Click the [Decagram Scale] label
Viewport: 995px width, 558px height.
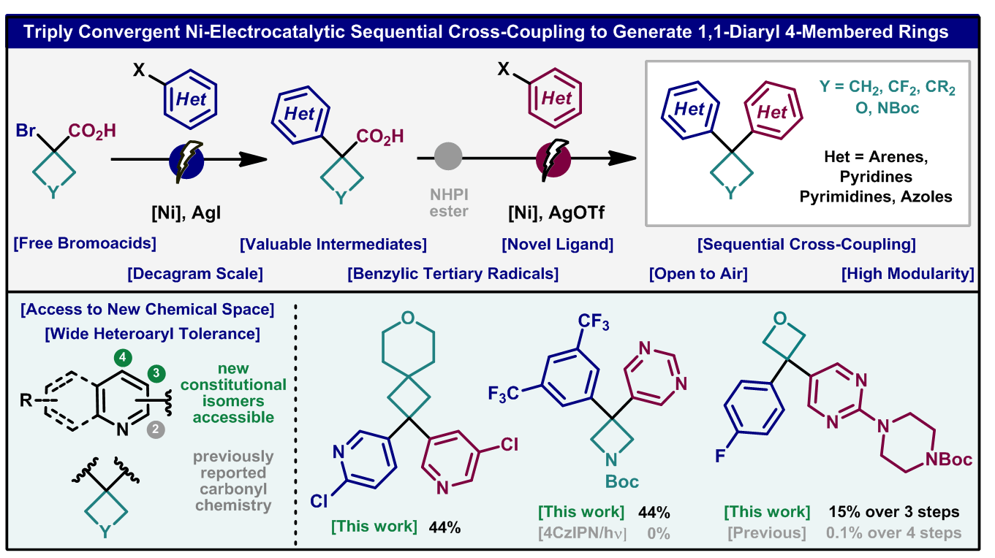click(194, 274)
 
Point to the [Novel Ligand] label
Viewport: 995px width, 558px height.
click(557, 243)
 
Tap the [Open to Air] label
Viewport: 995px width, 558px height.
click(698, 274)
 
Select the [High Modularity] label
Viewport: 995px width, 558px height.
click(907, 274)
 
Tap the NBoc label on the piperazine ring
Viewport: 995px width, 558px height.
click(948, 459)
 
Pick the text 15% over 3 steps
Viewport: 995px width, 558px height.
click(893, 512)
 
